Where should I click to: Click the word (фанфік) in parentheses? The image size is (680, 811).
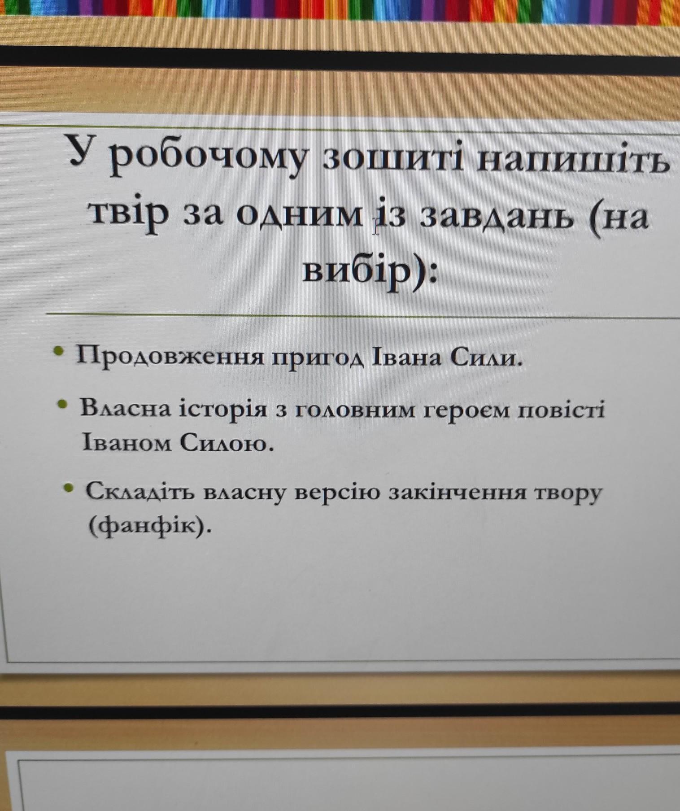[x=149, y=525]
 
